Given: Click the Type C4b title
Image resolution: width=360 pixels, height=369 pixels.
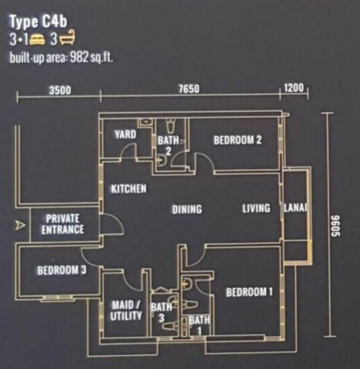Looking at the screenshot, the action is (38, 22).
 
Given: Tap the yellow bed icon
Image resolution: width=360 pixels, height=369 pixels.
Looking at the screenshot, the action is (37, 39).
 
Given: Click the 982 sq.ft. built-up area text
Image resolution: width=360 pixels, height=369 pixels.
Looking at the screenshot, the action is (61, 58).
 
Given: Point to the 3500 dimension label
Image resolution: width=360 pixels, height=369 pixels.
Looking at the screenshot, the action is (60, 90).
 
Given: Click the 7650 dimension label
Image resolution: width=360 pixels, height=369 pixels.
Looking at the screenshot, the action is (189, 89).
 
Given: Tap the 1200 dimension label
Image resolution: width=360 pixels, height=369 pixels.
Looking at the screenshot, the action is (294, 88).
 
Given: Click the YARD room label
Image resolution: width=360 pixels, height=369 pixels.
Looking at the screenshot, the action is (125, 134).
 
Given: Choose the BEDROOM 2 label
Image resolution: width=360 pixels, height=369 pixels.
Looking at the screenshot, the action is (238, 140).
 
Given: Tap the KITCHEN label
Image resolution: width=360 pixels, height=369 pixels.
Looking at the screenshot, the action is (129, 189).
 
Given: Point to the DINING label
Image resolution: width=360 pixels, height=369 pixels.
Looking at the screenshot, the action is (187, 209).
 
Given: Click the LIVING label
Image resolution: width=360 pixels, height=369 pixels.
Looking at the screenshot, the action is (256, 208).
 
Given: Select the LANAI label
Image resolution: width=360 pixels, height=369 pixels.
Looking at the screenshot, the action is (295, 208).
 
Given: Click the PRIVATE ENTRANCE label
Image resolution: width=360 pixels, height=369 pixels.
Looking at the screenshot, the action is (63, 224).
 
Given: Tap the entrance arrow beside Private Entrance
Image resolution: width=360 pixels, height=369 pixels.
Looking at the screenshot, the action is (20, 225).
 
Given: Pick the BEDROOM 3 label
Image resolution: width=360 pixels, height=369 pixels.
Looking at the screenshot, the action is (62, 270).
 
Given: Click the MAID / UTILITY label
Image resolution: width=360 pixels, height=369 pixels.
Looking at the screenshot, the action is (127, 311).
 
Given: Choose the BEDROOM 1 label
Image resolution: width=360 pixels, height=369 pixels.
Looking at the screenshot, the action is (249, 292).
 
